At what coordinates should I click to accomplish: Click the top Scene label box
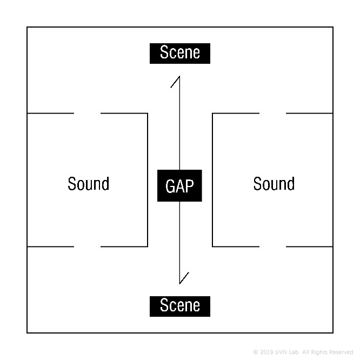(180, 54)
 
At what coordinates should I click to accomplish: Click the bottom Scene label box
(180, 306)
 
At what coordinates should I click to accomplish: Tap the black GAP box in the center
(179, 185)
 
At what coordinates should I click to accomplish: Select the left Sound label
(89, 184)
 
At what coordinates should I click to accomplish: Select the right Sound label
(274, 184)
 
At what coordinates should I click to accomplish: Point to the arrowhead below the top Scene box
(176, 82)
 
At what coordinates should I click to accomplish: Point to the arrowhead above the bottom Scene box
(184, 278)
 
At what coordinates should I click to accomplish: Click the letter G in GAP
(169, 186)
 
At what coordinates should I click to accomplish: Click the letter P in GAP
(190, 186)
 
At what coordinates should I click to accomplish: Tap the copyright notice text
(303, 352)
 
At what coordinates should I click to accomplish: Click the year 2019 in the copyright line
(268, 352)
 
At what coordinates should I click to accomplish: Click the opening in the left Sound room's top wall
(87, 113)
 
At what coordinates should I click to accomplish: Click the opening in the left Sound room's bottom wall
(87, 246)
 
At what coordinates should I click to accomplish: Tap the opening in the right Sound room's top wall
(273, 113)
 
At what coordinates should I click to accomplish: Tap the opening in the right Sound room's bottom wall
(273, 246)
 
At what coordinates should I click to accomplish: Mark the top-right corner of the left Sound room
(148, 113)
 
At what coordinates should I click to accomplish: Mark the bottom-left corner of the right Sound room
(212, 246)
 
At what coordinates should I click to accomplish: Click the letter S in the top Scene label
(164, 52)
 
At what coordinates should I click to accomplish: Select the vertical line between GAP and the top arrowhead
(179, 123)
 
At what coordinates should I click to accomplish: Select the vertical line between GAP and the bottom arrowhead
(179, 243)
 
